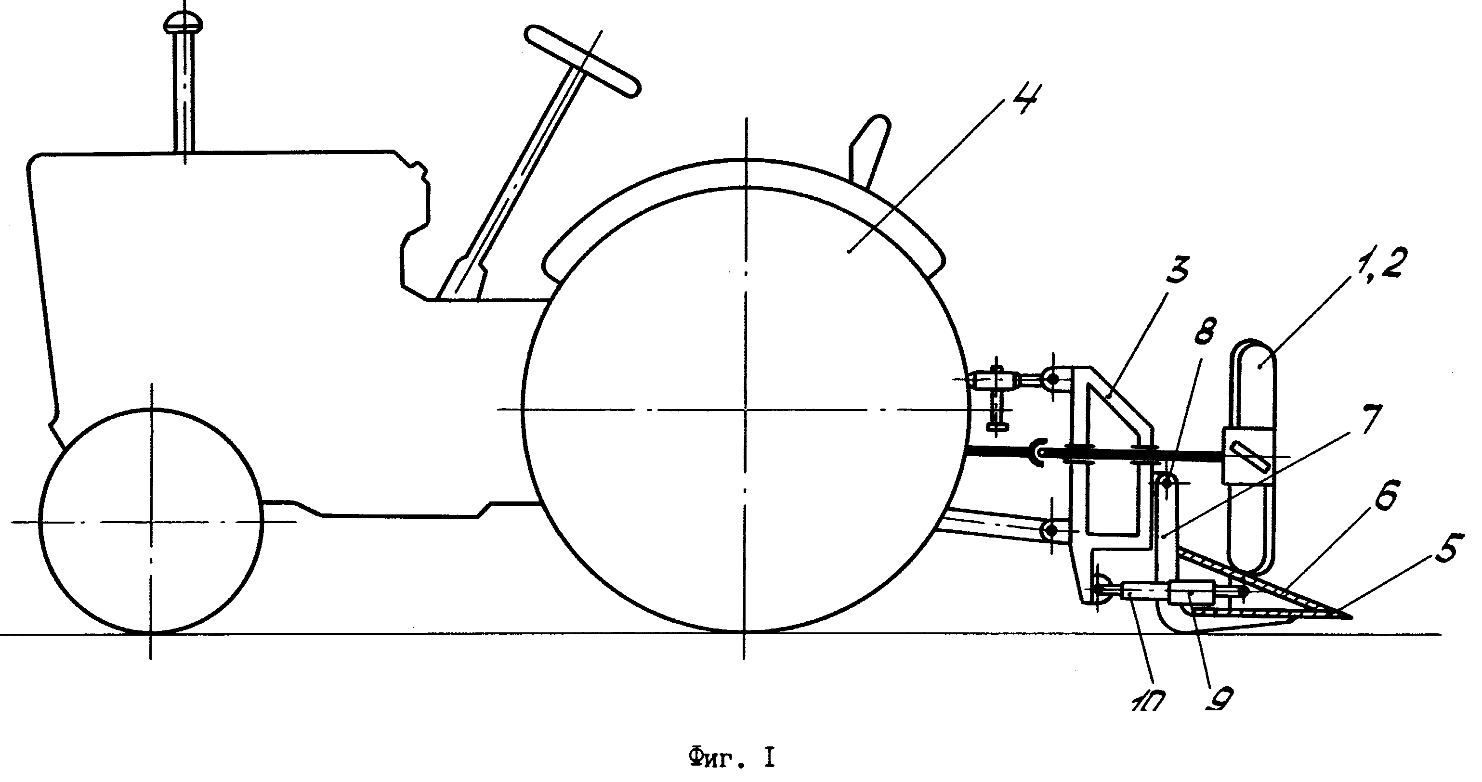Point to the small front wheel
tap(151, 522)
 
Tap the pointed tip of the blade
tap(1351, 618)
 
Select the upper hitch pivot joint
tap(1052, 380)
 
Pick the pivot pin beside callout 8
tap(1167, 482)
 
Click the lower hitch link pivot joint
tap(1052, 529)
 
